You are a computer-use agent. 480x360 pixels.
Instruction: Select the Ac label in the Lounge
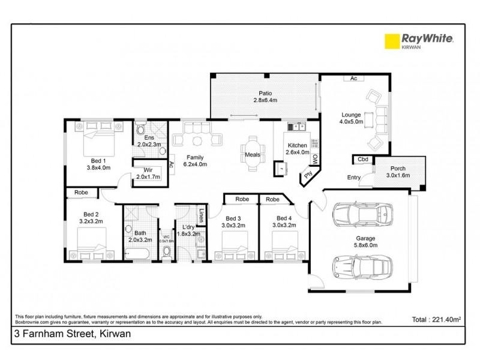353,78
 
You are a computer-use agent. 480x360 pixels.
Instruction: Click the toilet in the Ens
141,129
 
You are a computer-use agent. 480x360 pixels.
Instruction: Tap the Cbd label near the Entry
362,160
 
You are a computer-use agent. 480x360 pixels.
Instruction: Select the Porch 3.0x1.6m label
398,172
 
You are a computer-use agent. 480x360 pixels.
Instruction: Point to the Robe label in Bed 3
242,199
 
